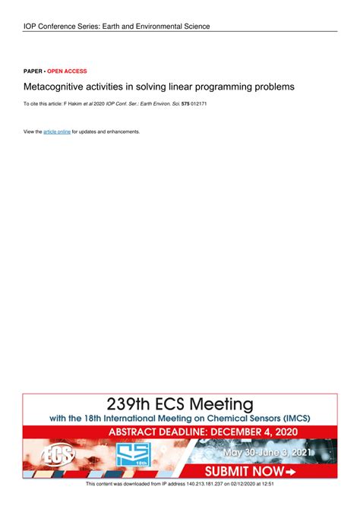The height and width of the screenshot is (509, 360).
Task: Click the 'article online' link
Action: [57, 131]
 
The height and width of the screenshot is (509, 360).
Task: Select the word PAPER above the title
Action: [33, 71]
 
